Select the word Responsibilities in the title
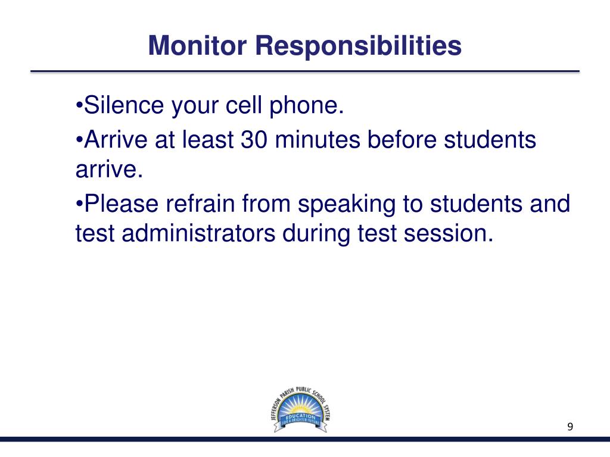(x=359, y=46)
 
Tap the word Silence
(x=124, y=106)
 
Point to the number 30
(x=255, y=140)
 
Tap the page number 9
(x=570, y=427)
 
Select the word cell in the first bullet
(x=241, y=106)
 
